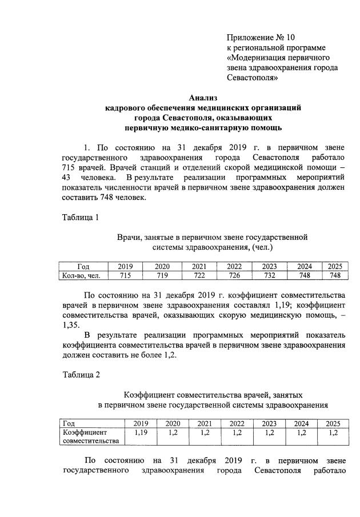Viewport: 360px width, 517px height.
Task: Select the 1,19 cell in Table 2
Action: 141,432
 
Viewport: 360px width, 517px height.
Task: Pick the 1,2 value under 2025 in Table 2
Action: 332,432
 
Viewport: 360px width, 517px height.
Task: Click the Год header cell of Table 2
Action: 70,424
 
